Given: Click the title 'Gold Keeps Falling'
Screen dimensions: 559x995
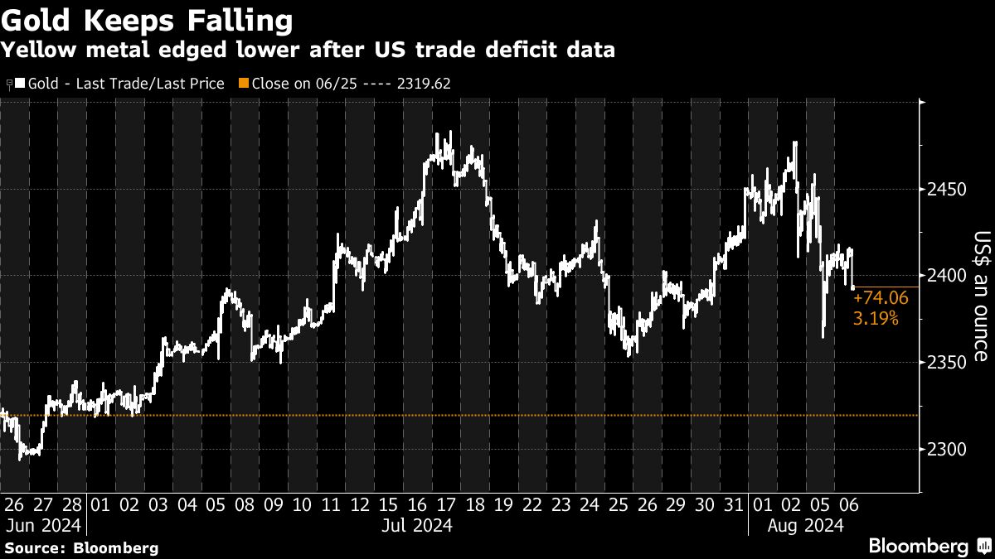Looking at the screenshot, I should coord(146,19).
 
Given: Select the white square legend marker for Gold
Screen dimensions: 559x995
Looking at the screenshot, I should coord(19,83).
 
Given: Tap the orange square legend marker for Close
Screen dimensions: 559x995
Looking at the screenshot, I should coord(242,83).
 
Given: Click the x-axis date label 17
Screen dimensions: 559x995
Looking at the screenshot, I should coord(446,504).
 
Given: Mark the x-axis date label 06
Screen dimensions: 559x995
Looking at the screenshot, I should coord(847,504).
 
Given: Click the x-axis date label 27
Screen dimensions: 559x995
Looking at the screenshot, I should coord(43,504).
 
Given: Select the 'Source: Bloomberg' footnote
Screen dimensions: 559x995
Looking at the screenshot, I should coord(80,547).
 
